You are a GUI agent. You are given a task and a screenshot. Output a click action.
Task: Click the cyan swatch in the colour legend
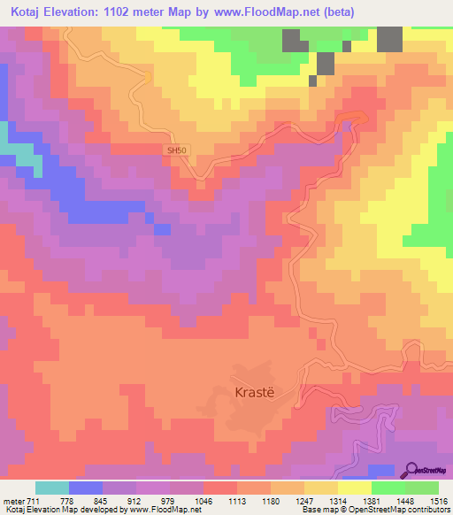pos(52,488)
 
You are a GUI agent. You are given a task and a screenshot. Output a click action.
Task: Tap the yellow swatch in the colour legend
pos(355,488)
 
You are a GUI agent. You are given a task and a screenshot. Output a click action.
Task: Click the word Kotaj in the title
pos(28,12)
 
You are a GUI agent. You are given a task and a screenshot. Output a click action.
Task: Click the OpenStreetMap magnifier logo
pos(413,470)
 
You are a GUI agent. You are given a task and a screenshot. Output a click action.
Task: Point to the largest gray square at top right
pos(389,40)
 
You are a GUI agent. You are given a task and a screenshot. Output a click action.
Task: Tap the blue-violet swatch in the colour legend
pos(84,488)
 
